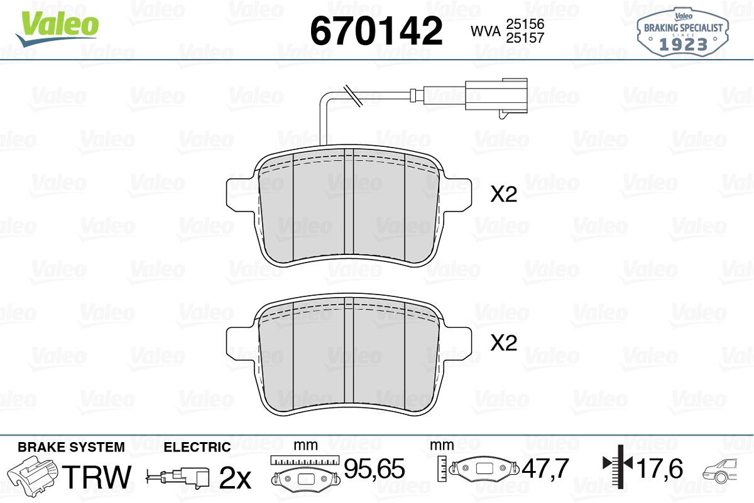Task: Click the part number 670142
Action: coord(376,31)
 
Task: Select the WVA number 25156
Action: coord(525,24)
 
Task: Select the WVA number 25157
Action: coord(525,38)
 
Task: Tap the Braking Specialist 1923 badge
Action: coord(682,32)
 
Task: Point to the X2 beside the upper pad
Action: coord(503,194)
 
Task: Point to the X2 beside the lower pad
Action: coord(503,343)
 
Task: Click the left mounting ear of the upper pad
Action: coord(239,195)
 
